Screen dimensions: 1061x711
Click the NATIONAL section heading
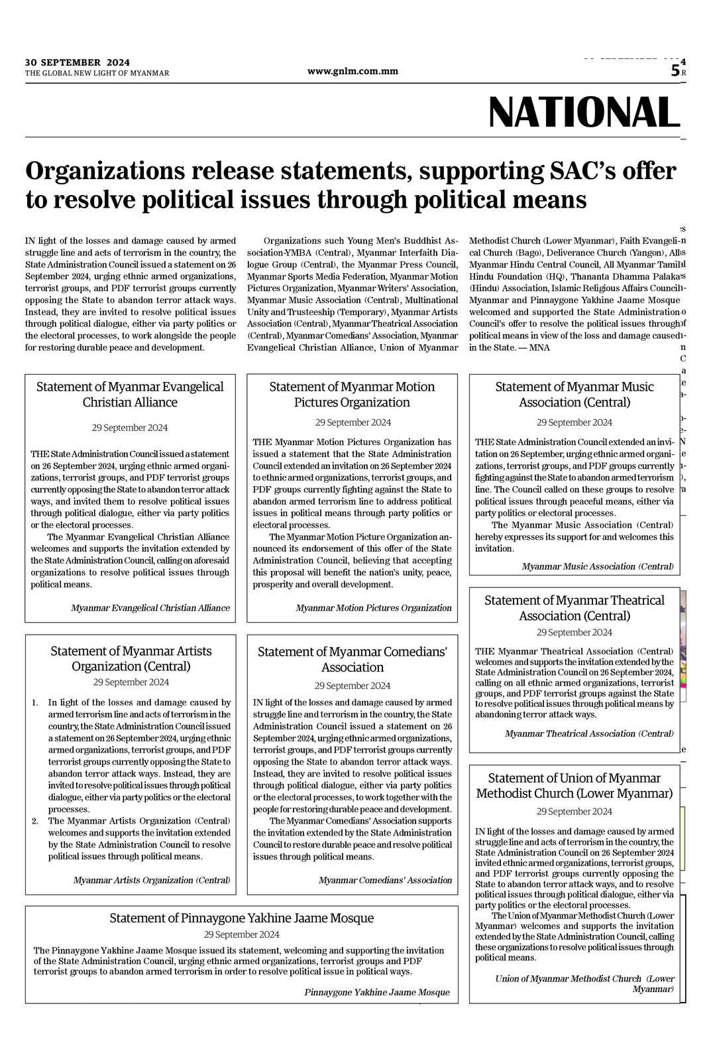[584, 112]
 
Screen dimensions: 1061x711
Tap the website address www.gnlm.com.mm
[353, 72]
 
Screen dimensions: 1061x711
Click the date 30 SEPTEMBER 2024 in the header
[78, 62]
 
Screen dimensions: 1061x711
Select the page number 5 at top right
[675, 71]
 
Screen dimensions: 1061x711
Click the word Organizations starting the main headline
[103, 171]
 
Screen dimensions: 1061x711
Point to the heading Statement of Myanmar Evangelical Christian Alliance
[130, 395]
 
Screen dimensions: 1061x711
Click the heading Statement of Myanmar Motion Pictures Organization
[352, 395]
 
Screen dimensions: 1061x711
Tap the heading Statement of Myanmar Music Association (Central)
[574, 395]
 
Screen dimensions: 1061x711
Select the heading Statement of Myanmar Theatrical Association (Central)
[574, 608]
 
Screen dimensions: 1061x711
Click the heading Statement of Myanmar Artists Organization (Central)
[131, 658]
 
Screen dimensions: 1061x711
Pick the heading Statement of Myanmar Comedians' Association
[352, 659]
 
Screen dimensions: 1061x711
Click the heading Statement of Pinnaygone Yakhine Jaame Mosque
[241, 918]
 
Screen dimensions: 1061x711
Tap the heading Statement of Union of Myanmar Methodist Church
[574, 786]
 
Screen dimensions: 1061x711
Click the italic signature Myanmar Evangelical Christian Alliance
[150, 608]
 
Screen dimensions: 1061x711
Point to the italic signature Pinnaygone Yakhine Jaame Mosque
[376, 993]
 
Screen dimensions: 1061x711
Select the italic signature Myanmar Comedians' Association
[385, 880]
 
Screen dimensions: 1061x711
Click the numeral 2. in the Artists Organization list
[34, 821]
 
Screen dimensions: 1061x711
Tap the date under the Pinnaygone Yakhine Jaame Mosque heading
[241, 934]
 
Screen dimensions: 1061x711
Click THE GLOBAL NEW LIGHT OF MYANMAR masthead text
[97, 73]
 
